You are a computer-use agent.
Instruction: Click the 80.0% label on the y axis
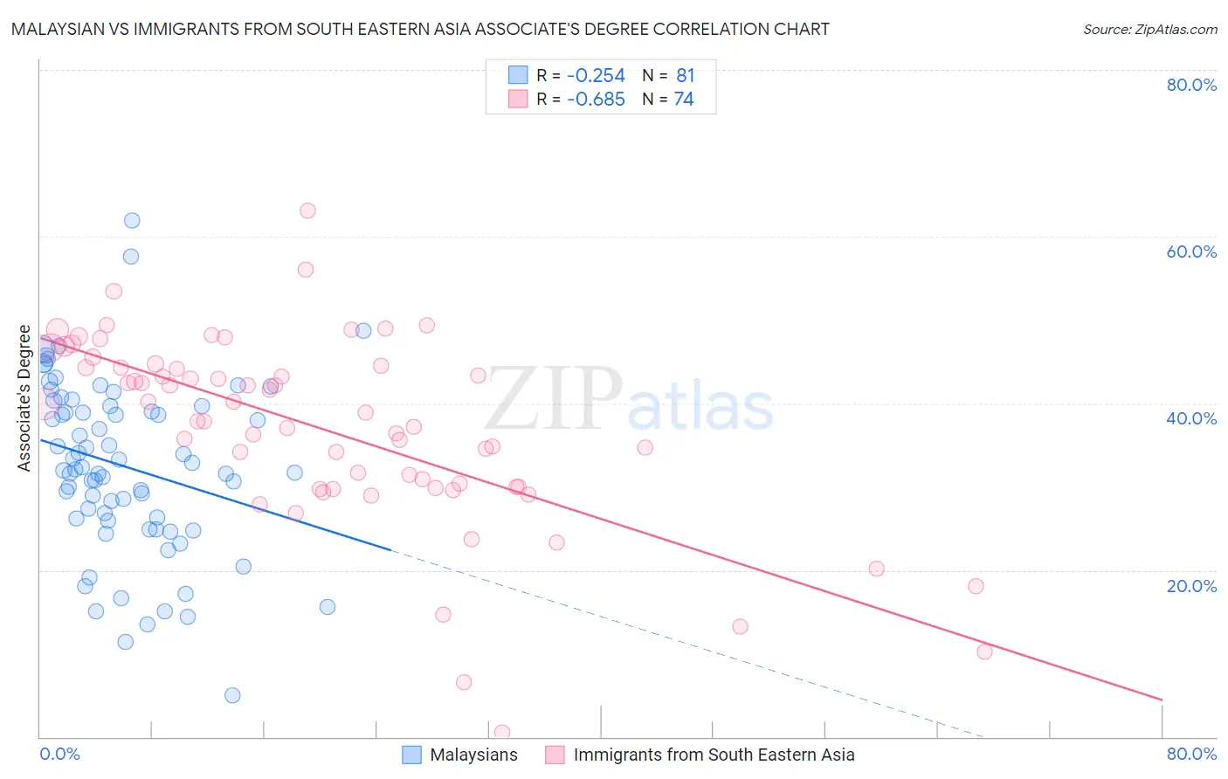[1191, 85]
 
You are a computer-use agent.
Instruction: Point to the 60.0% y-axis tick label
[1191, 252]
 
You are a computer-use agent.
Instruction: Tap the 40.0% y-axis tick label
[1191, 418]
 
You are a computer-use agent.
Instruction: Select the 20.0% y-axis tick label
[1191, 586]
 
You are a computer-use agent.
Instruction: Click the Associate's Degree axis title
[24, 398]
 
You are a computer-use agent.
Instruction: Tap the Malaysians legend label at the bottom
[473, 755]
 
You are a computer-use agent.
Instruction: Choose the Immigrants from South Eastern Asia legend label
[714, 755]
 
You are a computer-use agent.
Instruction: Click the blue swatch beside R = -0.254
[518, 75]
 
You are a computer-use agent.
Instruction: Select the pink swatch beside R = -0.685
[518, 100]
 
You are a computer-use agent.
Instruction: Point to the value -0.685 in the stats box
[596, 100]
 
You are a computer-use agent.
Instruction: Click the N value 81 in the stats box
[685, 75]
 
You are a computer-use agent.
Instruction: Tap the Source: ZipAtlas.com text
[1149, 30]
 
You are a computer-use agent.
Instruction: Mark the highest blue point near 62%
[132, 220]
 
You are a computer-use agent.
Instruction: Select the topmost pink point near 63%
[307, 210]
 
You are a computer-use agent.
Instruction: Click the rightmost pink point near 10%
[984, 651]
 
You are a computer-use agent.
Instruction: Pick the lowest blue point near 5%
[232, 695]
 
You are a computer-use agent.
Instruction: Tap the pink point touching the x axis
[502, 733]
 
